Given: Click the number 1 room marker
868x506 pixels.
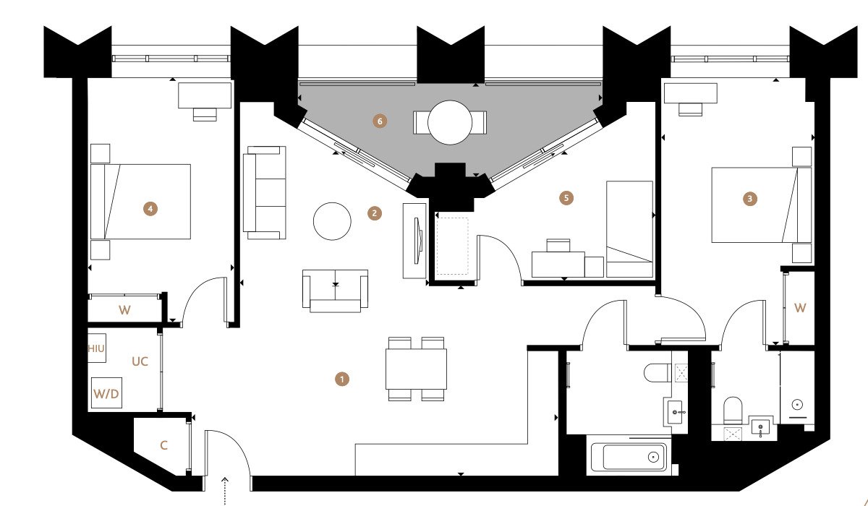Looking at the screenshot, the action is pos(341,379).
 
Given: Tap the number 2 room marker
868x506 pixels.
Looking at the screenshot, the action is pos(375,213).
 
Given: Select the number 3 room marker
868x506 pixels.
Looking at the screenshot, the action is pos(750,199).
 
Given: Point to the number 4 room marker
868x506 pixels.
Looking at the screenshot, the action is pos(150,209).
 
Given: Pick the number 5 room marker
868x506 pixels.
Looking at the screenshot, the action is pos(566,198).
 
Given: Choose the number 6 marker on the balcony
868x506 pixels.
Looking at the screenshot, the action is pos(380,121).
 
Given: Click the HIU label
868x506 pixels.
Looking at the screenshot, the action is pos(96,349).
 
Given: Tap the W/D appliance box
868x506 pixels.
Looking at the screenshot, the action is pos(106,393).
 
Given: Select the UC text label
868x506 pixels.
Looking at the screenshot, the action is pos(140,361).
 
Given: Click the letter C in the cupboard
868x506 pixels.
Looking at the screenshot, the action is pos(164,445).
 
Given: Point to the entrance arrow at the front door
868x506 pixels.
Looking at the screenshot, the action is pos(225,491).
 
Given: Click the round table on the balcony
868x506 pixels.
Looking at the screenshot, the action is pos(450,122).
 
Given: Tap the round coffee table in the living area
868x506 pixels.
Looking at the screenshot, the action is pos(332,221).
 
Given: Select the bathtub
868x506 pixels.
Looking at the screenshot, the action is pos(629,458).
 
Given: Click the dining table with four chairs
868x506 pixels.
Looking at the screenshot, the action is pos(416,369).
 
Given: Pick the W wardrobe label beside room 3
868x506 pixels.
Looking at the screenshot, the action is pos(800,308).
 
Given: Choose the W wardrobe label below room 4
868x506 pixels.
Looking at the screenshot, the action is pos(124,309).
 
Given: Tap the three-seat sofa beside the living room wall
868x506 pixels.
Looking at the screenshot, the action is pos(265,192).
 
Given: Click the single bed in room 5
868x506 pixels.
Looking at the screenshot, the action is pos(630,229).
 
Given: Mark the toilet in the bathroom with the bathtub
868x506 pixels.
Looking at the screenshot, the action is pos(658,373).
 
